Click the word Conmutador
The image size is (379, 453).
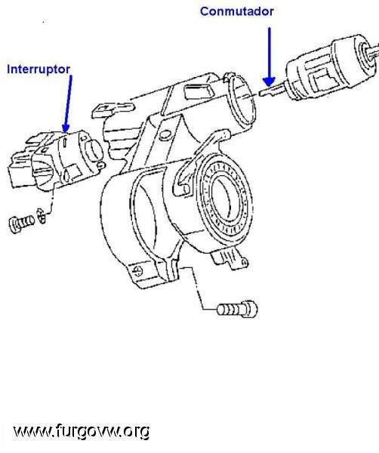(236, 11)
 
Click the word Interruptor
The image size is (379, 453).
(39, 69)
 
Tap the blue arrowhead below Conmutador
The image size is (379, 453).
(269, 82)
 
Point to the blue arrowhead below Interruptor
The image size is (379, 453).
(66, 128)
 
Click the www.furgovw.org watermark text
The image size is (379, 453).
(82, 432)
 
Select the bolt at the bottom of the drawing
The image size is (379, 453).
(238, 309)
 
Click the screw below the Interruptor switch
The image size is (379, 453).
(22, 223)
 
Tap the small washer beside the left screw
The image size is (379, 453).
(42, 217)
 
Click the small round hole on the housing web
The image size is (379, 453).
(165, 135)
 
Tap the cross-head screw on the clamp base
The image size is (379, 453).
(138, 271)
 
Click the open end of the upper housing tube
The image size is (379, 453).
(242, 101)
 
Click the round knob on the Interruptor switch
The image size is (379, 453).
(94, 149)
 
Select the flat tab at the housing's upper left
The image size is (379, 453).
(113, 110)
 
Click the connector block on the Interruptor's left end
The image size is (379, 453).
(22, 171)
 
